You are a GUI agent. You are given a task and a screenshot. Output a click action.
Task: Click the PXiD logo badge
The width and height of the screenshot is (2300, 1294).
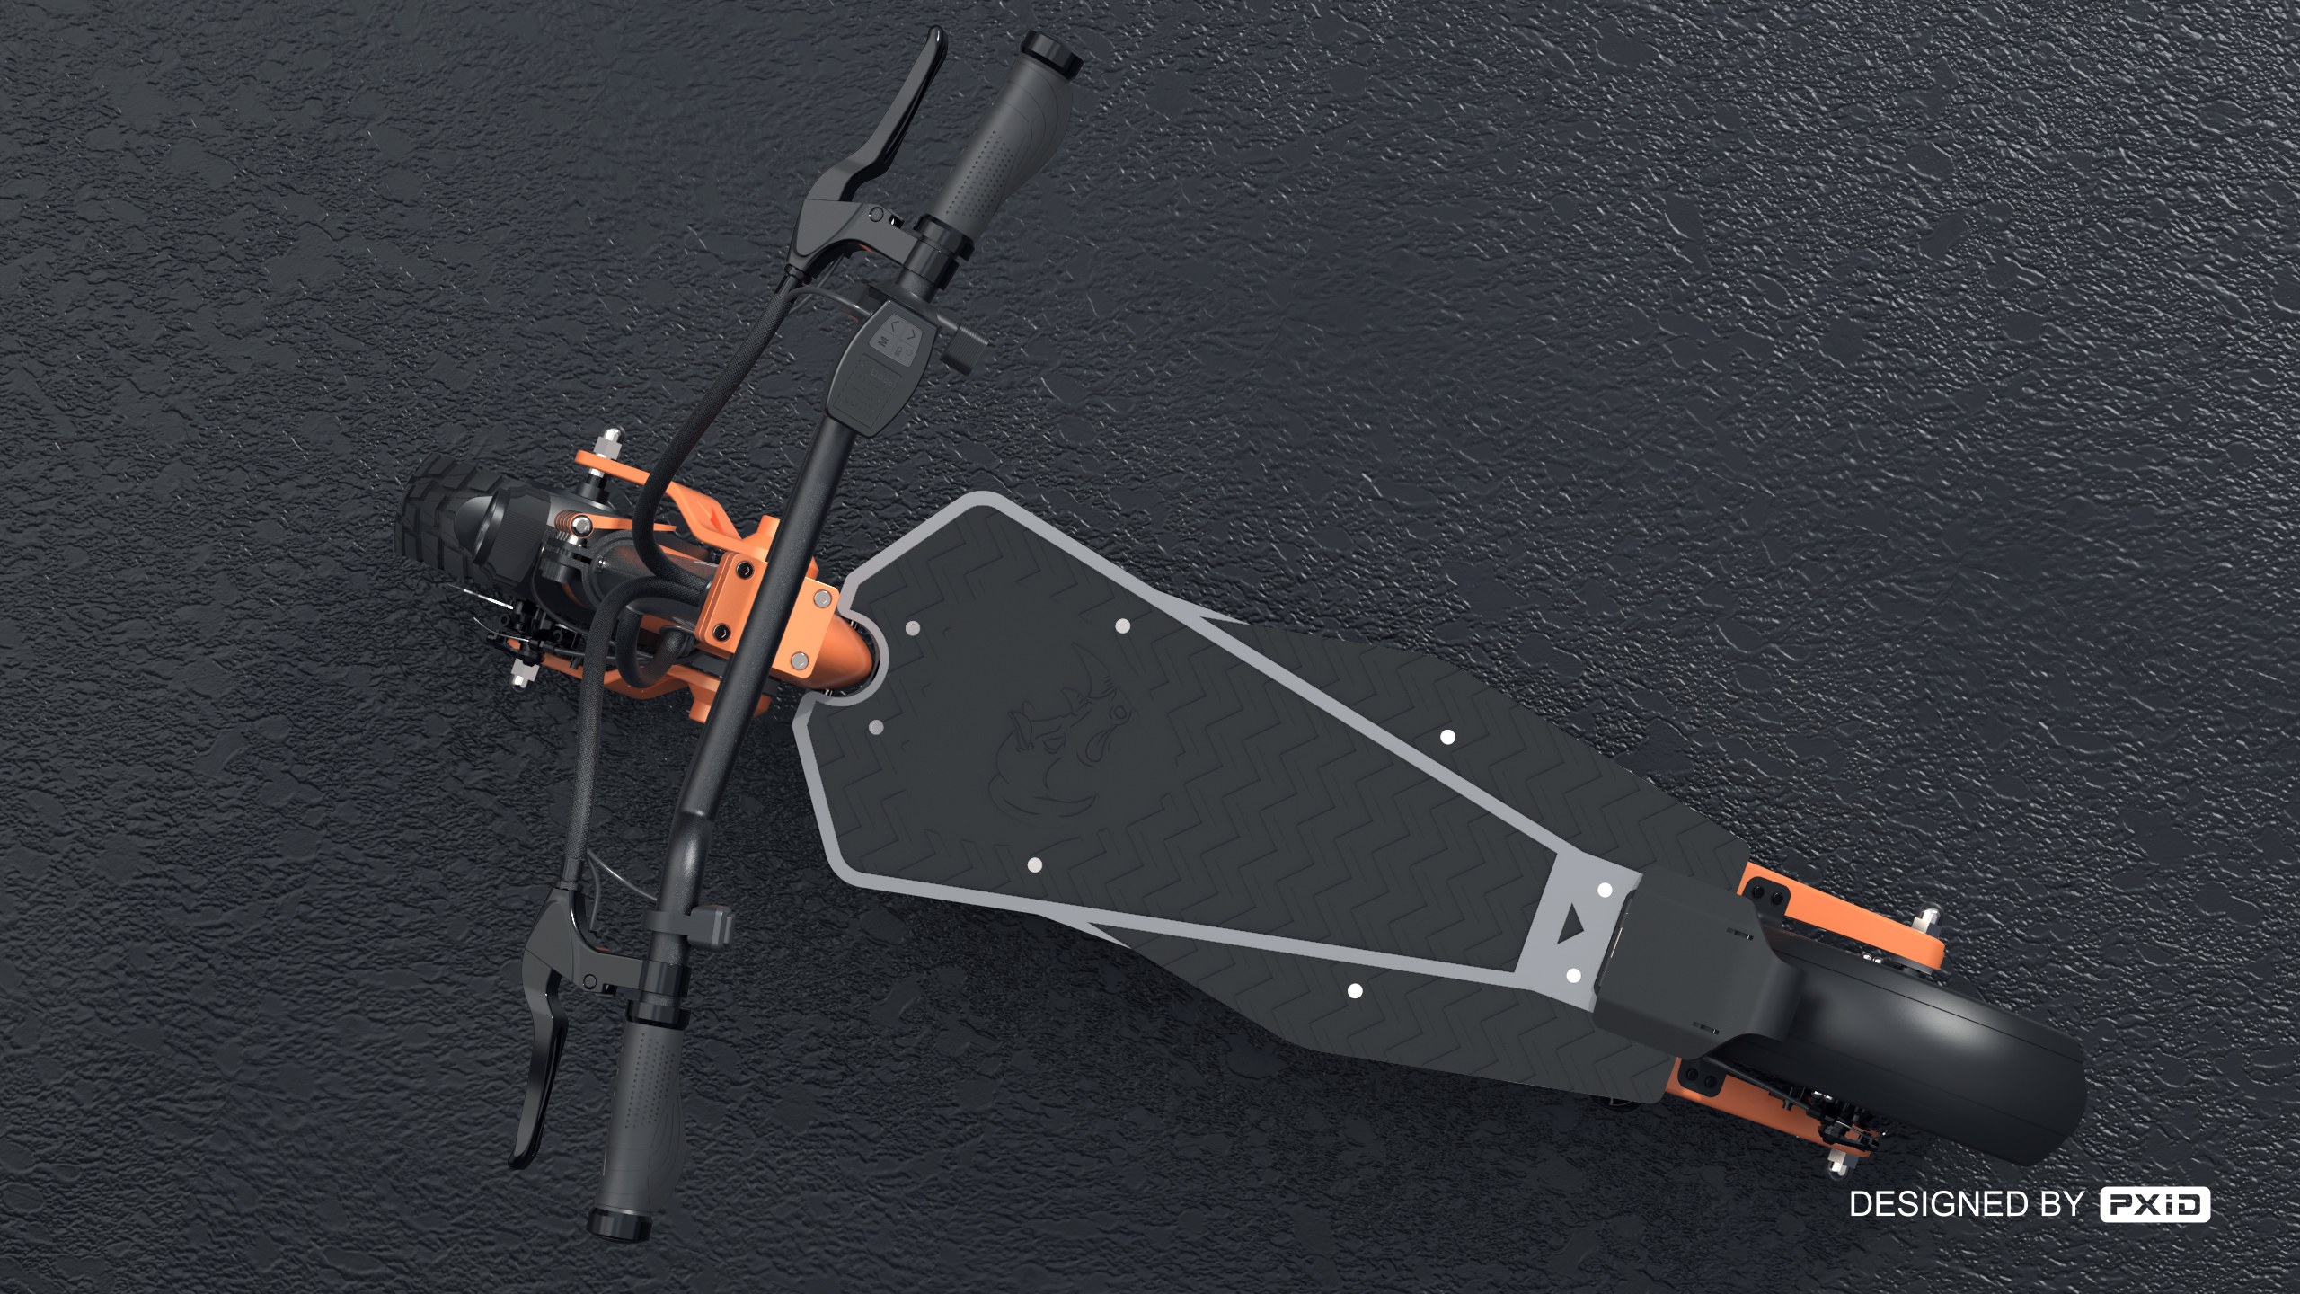[x=2154, y=1204]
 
